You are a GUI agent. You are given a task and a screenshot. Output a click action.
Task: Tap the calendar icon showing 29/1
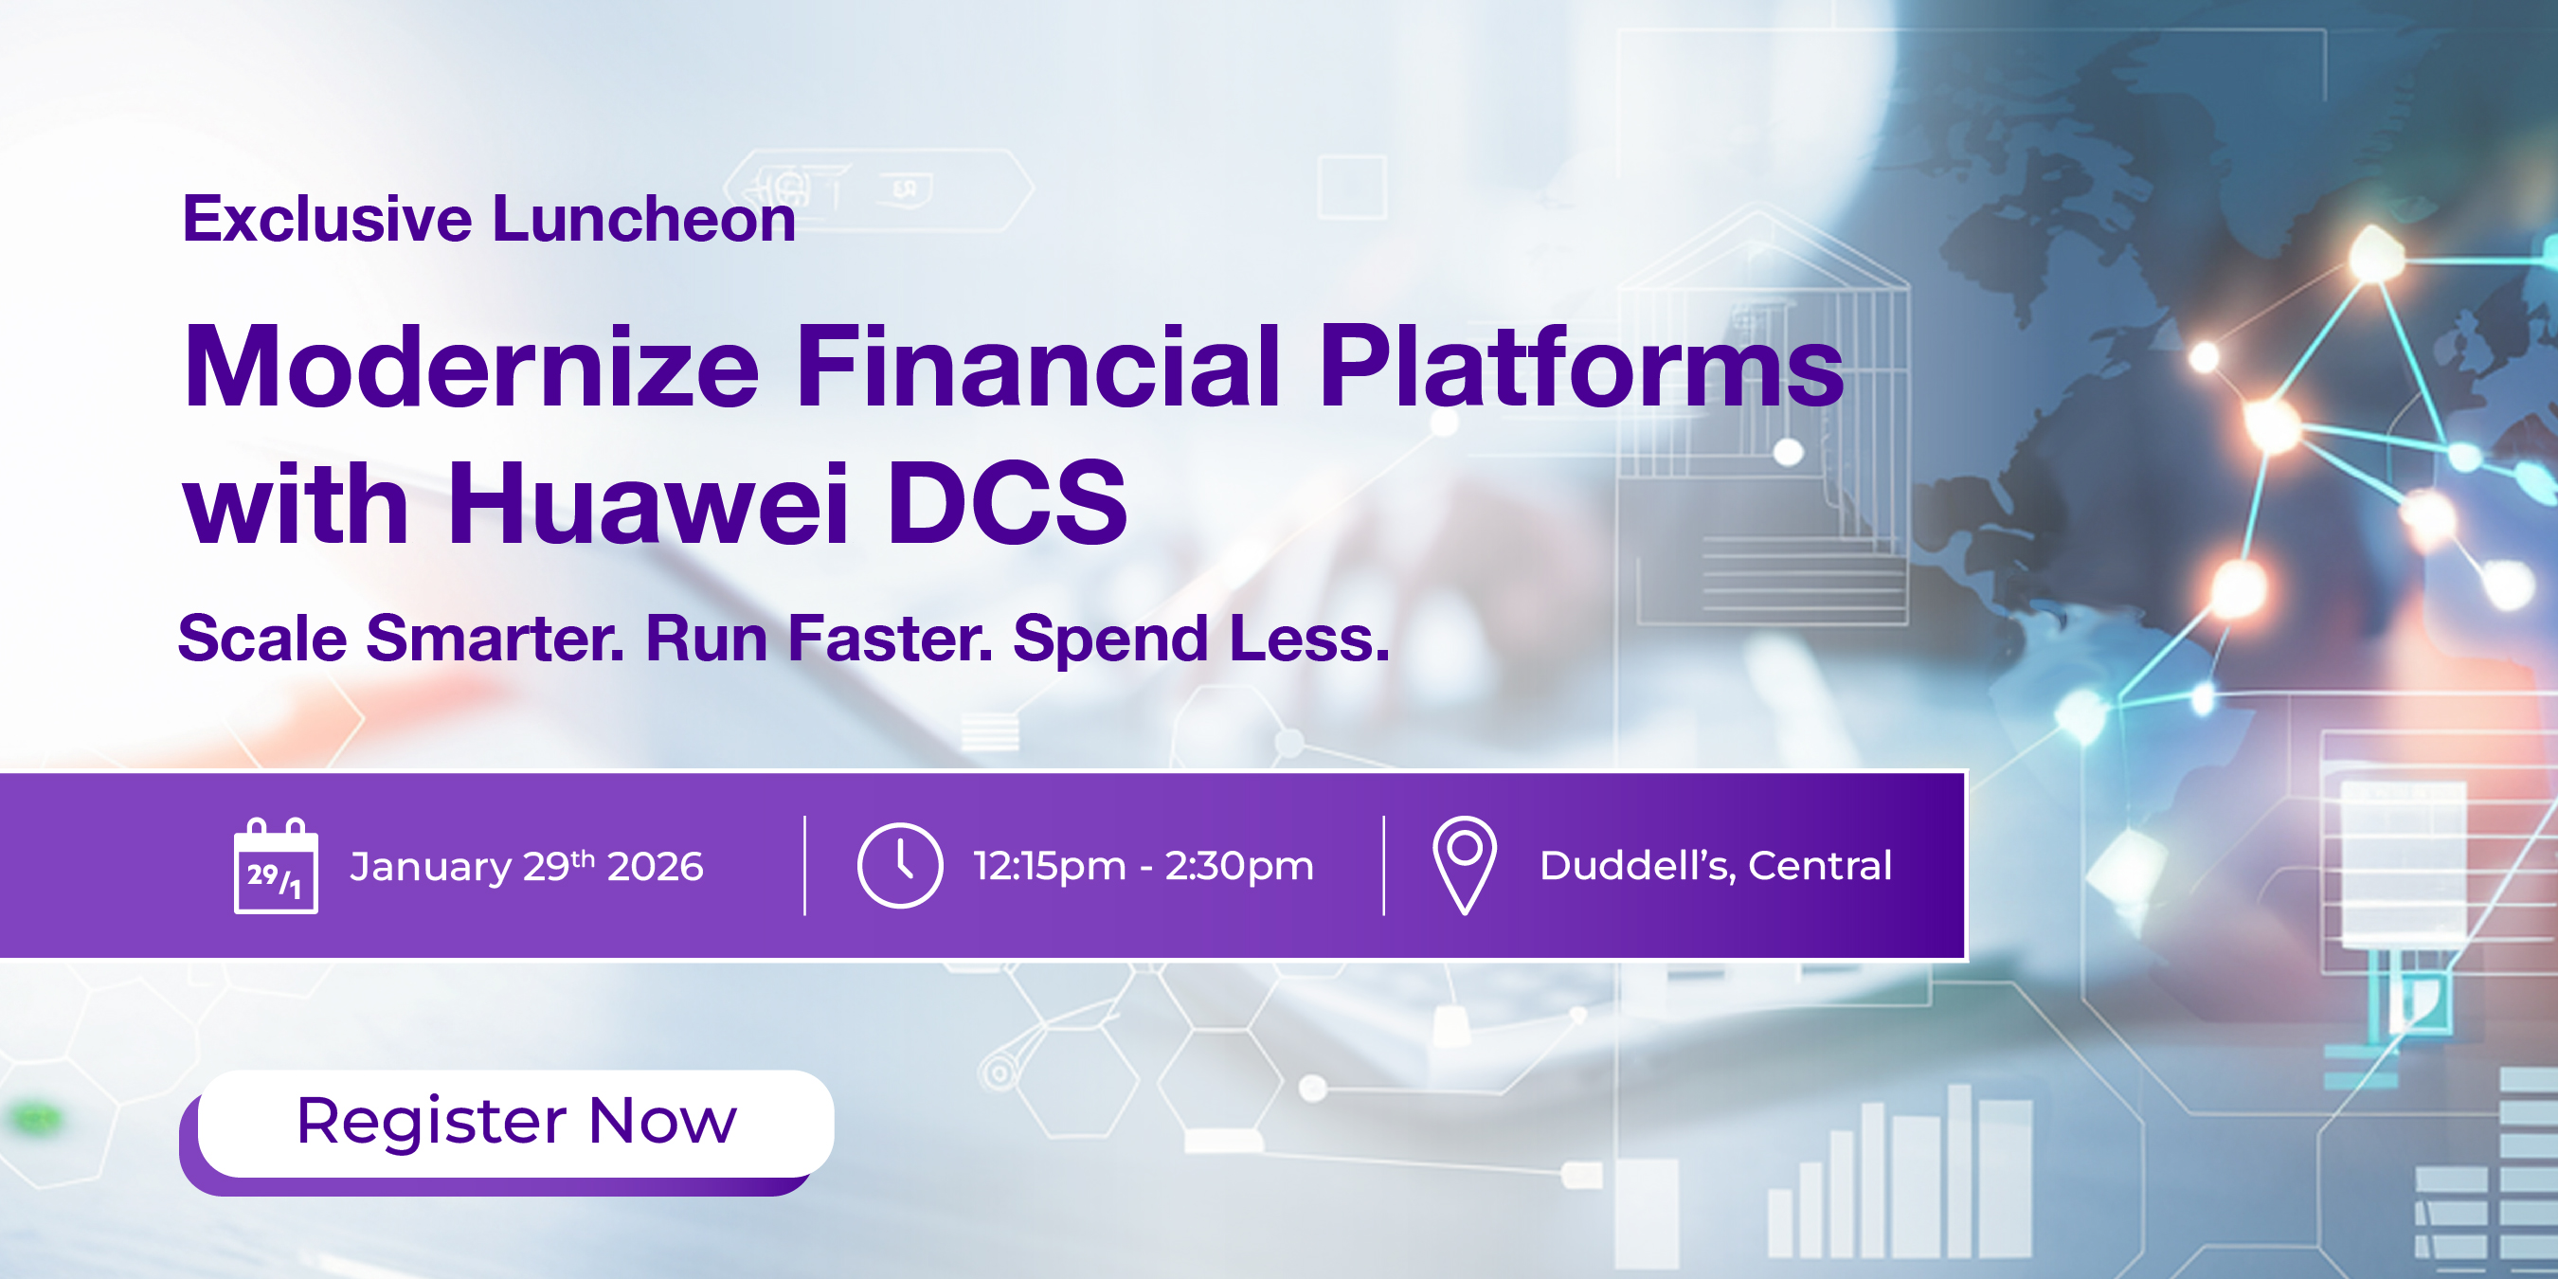point(276,866)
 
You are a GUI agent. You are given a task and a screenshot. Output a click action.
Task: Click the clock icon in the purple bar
point(900,865)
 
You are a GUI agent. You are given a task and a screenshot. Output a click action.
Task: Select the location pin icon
point(1465,865)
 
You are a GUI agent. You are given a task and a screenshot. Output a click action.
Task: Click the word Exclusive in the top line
point(328,219)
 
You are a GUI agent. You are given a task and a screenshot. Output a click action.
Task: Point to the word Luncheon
point(644,219)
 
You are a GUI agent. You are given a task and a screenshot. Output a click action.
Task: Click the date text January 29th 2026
point(527,866)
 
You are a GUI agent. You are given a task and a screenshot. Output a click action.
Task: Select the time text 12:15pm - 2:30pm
point(1143,866)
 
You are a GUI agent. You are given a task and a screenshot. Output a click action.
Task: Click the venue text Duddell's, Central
point(1716,865)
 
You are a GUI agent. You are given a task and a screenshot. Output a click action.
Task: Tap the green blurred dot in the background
point(36,1119)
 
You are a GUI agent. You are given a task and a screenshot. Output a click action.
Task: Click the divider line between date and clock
point(804,865)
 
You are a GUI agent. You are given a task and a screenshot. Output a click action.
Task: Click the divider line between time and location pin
point(1383,865)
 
